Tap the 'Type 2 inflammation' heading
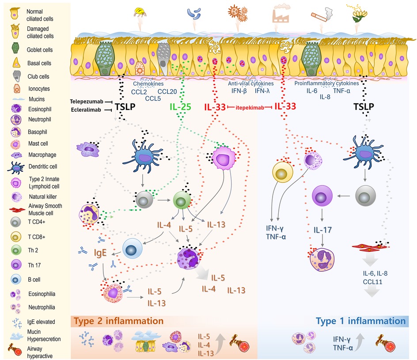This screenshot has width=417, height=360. point(118,320)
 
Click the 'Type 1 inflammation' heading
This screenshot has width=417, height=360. point(360,321)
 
